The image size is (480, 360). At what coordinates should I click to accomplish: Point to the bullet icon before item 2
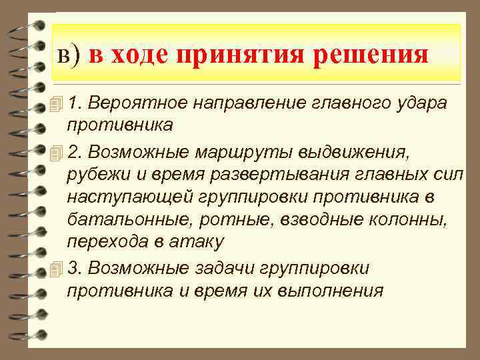tap(56, 153)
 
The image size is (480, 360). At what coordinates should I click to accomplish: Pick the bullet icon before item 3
tap(56, 268)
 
